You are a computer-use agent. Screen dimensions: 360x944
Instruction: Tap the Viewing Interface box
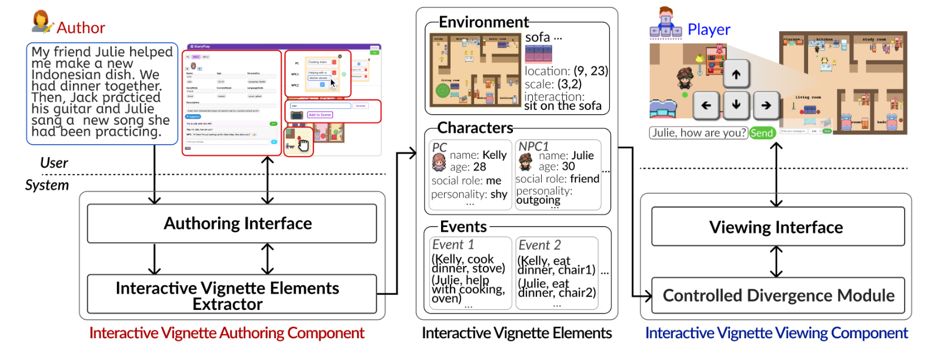coord(778,226)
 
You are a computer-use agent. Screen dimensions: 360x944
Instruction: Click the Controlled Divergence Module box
coord(778,295)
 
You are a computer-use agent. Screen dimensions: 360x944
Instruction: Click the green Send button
coord(762,133)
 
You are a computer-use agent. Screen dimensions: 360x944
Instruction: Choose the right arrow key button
coord(766,105)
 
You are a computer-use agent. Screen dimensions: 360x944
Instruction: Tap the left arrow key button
coord(706,105)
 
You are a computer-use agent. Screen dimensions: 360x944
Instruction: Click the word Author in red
coord(81,28)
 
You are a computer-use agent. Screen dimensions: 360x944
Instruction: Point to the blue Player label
coord(708,29)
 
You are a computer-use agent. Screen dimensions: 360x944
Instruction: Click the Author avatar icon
coord(41,22)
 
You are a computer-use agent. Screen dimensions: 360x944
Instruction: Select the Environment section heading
coord(483,22)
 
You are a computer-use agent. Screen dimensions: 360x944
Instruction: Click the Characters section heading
coord(475,128)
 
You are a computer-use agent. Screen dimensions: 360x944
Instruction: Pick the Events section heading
coord(463,226)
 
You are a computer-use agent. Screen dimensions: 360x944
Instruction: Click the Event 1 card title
coord(453,245)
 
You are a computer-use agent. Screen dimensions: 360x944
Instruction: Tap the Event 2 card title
coord(539,245)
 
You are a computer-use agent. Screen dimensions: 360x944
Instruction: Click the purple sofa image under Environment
coord(538,54)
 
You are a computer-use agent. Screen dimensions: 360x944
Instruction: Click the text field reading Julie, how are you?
coord(698,133)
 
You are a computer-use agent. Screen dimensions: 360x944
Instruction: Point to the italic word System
coord(47,185)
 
